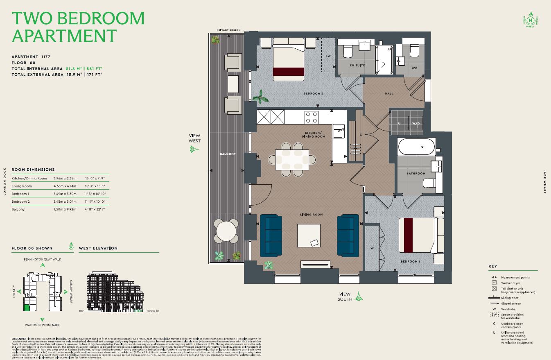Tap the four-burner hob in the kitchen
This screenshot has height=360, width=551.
(312, 117)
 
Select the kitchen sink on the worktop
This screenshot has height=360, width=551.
(339, 131)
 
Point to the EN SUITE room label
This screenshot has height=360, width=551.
(357, 66)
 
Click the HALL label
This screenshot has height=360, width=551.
(389, 93)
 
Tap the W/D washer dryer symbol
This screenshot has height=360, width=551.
(416, 123)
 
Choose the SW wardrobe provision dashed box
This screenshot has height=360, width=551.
(327, 56)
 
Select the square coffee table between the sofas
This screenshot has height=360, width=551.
(309, 235)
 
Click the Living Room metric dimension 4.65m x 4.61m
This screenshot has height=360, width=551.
(65, 186)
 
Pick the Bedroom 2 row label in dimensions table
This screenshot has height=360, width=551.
(20, 202)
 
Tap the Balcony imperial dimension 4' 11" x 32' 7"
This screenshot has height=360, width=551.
(95, 209)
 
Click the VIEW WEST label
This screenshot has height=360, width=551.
(194, 138)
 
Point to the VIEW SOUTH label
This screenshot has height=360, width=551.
(345, 297)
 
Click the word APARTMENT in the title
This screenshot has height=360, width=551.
(64, 36)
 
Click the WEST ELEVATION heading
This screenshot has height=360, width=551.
(98, 248)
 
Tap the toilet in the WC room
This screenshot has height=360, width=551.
(413, 52)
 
